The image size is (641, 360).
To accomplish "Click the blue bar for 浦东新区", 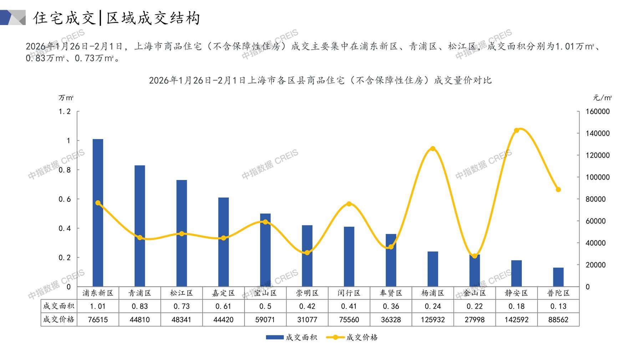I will pyautogui.click(x=98, y=212).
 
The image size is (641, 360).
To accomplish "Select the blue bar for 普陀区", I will pyautogui.click(x=558, y=277).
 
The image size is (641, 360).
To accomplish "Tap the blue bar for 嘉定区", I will pyautogui.click(x=223, y=242).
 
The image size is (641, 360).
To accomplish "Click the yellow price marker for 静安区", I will pyautogui.click(x=517, y=130).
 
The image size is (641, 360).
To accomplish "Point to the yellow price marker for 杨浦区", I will pyautogui.click(x=433, y=149).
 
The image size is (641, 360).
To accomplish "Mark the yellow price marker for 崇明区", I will pyautogui.click(x=307, y=253).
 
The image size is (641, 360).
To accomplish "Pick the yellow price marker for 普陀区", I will pyautogui.click(x=558, y=190).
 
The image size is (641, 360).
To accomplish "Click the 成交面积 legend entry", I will pyautogui.click(x=291, y=337).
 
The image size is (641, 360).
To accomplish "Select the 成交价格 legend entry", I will pyautogui.click(x=352, y=337).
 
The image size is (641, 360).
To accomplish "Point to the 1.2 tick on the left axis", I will pyautogui.click(x=65, y=112).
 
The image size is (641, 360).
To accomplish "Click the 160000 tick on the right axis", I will pyautogui.click(x=598, y=112).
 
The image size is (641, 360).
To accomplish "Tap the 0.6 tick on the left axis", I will pyautogui.click(x=65, y=199).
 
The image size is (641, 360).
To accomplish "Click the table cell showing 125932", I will pyautogui.click(x=433, y=320).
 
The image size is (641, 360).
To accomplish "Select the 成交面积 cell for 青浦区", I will pyautogui.click(x=139, y=306).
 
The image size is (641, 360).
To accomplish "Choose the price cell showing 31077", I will pyautogui.click(x=307, y=320).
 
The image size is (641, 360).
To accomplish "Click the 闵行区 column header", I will pyautogui.click(x=349, y=293).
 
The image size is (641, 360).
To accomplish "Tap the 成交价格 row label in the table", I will pyautogui.click(x=59, y=319).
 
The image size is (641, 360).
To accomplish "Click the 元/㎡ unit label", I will pyautogui.click(x=602, y=98).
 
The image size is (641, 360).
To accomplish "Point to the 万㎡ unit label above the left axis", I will pyautogui.click(x=66, y=98).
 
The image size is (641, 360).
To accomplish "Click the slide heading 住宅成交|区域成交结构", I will pyautogui.click(x=117, y=18).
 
